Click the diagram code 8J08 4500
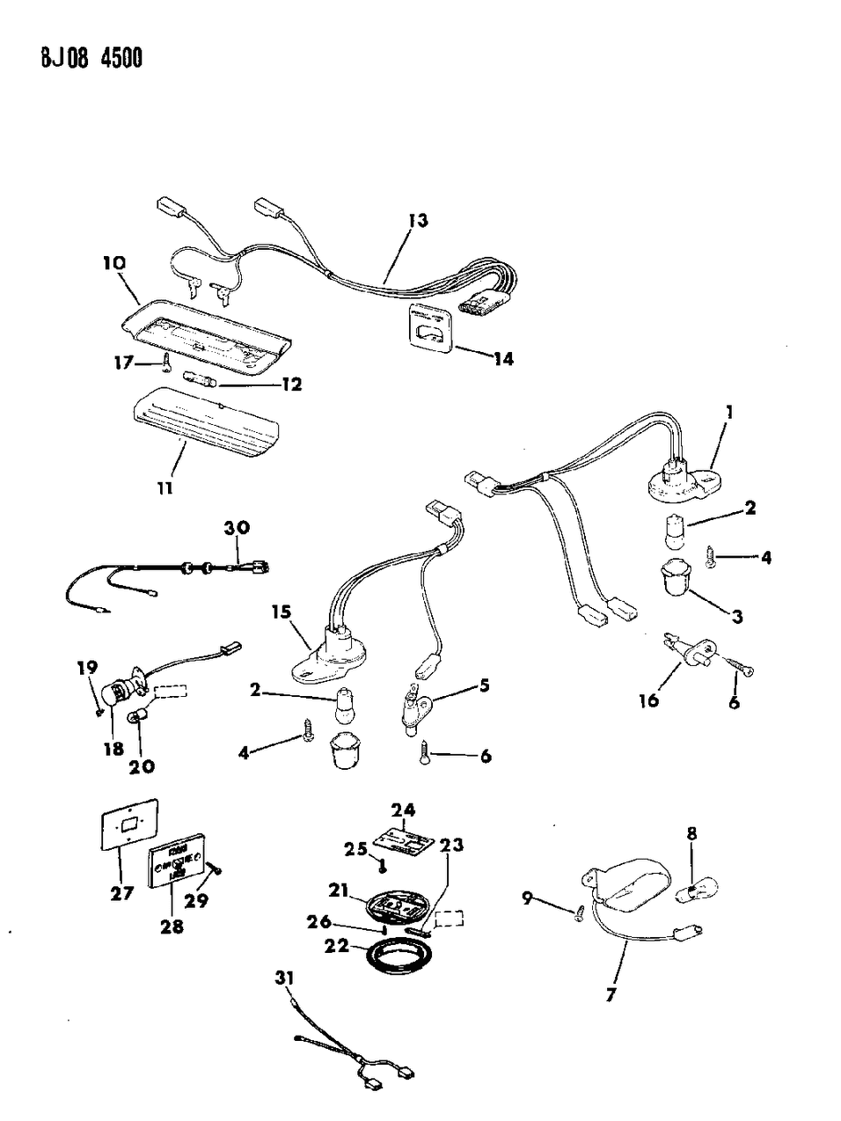pyautogui.click(x=77, y=59)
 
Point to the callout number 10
pyautogui.click(x=113, y=262)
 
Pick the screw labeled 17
pyautogui.click(x=167, y=362)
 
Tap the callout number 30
pyautogui.click(x=237, y=528)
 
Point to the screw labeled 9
pyautogui.click(x=580, y=914)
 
